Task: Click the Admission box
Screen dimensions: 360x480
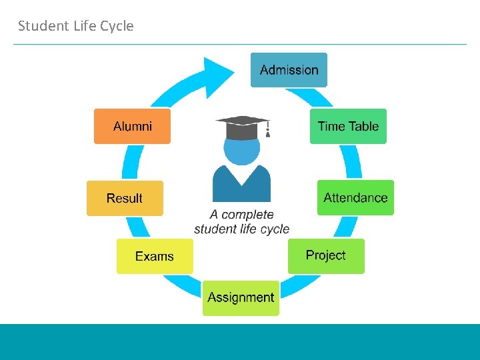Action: [289, 70]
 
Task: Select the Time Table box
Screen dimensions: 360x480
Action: [348, 126]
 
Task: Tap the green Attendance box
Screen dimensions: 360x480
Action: [355, 197]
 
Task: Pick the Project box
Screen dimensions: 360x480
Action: [326, 255]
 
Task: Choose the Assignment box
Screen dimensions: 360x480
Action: [241, 297]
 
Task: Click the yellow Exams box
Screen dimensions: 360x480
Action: [155, 256]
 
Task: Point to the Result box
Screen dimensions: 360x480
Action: [125, 198]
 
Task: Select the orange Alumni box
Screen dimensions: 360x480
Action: [132, 126]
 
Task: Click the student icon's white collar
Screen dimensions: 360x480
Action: [241, 175]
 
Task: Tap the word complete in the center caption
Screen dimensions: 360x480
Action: [247, 215]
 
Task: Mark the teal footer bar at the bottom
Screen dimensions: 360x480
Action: [240, 341]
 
